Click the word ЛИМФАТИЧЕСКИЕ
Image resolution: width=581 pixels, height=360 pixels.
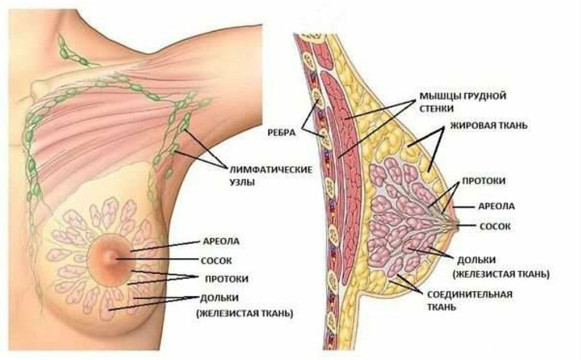pos(271,170)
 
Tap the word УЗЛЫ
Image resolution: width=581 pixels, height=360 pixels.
pos(242,182)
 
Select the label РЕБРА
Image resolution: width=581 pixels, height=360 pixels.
pos(281,132)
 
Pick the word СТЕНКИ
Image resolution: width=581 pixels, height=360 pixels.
pos(436,109)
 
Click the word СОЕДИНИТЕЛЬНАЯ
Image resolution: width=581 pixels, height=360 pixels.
pos(470,295)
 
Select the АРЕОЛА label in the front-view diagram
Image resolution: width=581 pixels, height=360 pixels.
pos(221,242)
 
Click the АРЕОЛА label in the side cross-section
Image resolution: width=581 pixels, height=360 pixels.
pos(496,207)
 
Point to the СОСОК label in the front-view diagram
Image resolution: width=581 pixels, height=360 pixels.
pos(216,261)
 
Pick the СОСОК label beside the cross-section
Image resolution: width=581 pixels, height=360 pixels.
pos(495,226)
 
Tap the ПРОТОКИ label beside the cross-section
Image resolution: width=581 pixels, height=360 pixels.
pos(483,181)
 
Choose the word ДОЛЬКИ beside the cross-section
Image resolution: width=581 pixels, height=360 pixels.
pos(476,260)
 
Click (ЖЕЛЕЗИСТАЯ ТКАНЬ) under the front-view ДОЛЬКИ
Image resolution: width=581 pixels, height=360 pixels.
pos(245,314)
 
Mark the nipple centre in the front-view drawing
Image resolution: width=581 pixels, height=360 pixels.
pos(111,257)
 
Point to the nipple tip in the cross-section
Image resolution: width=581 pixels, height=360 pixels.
pos(457,225)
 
